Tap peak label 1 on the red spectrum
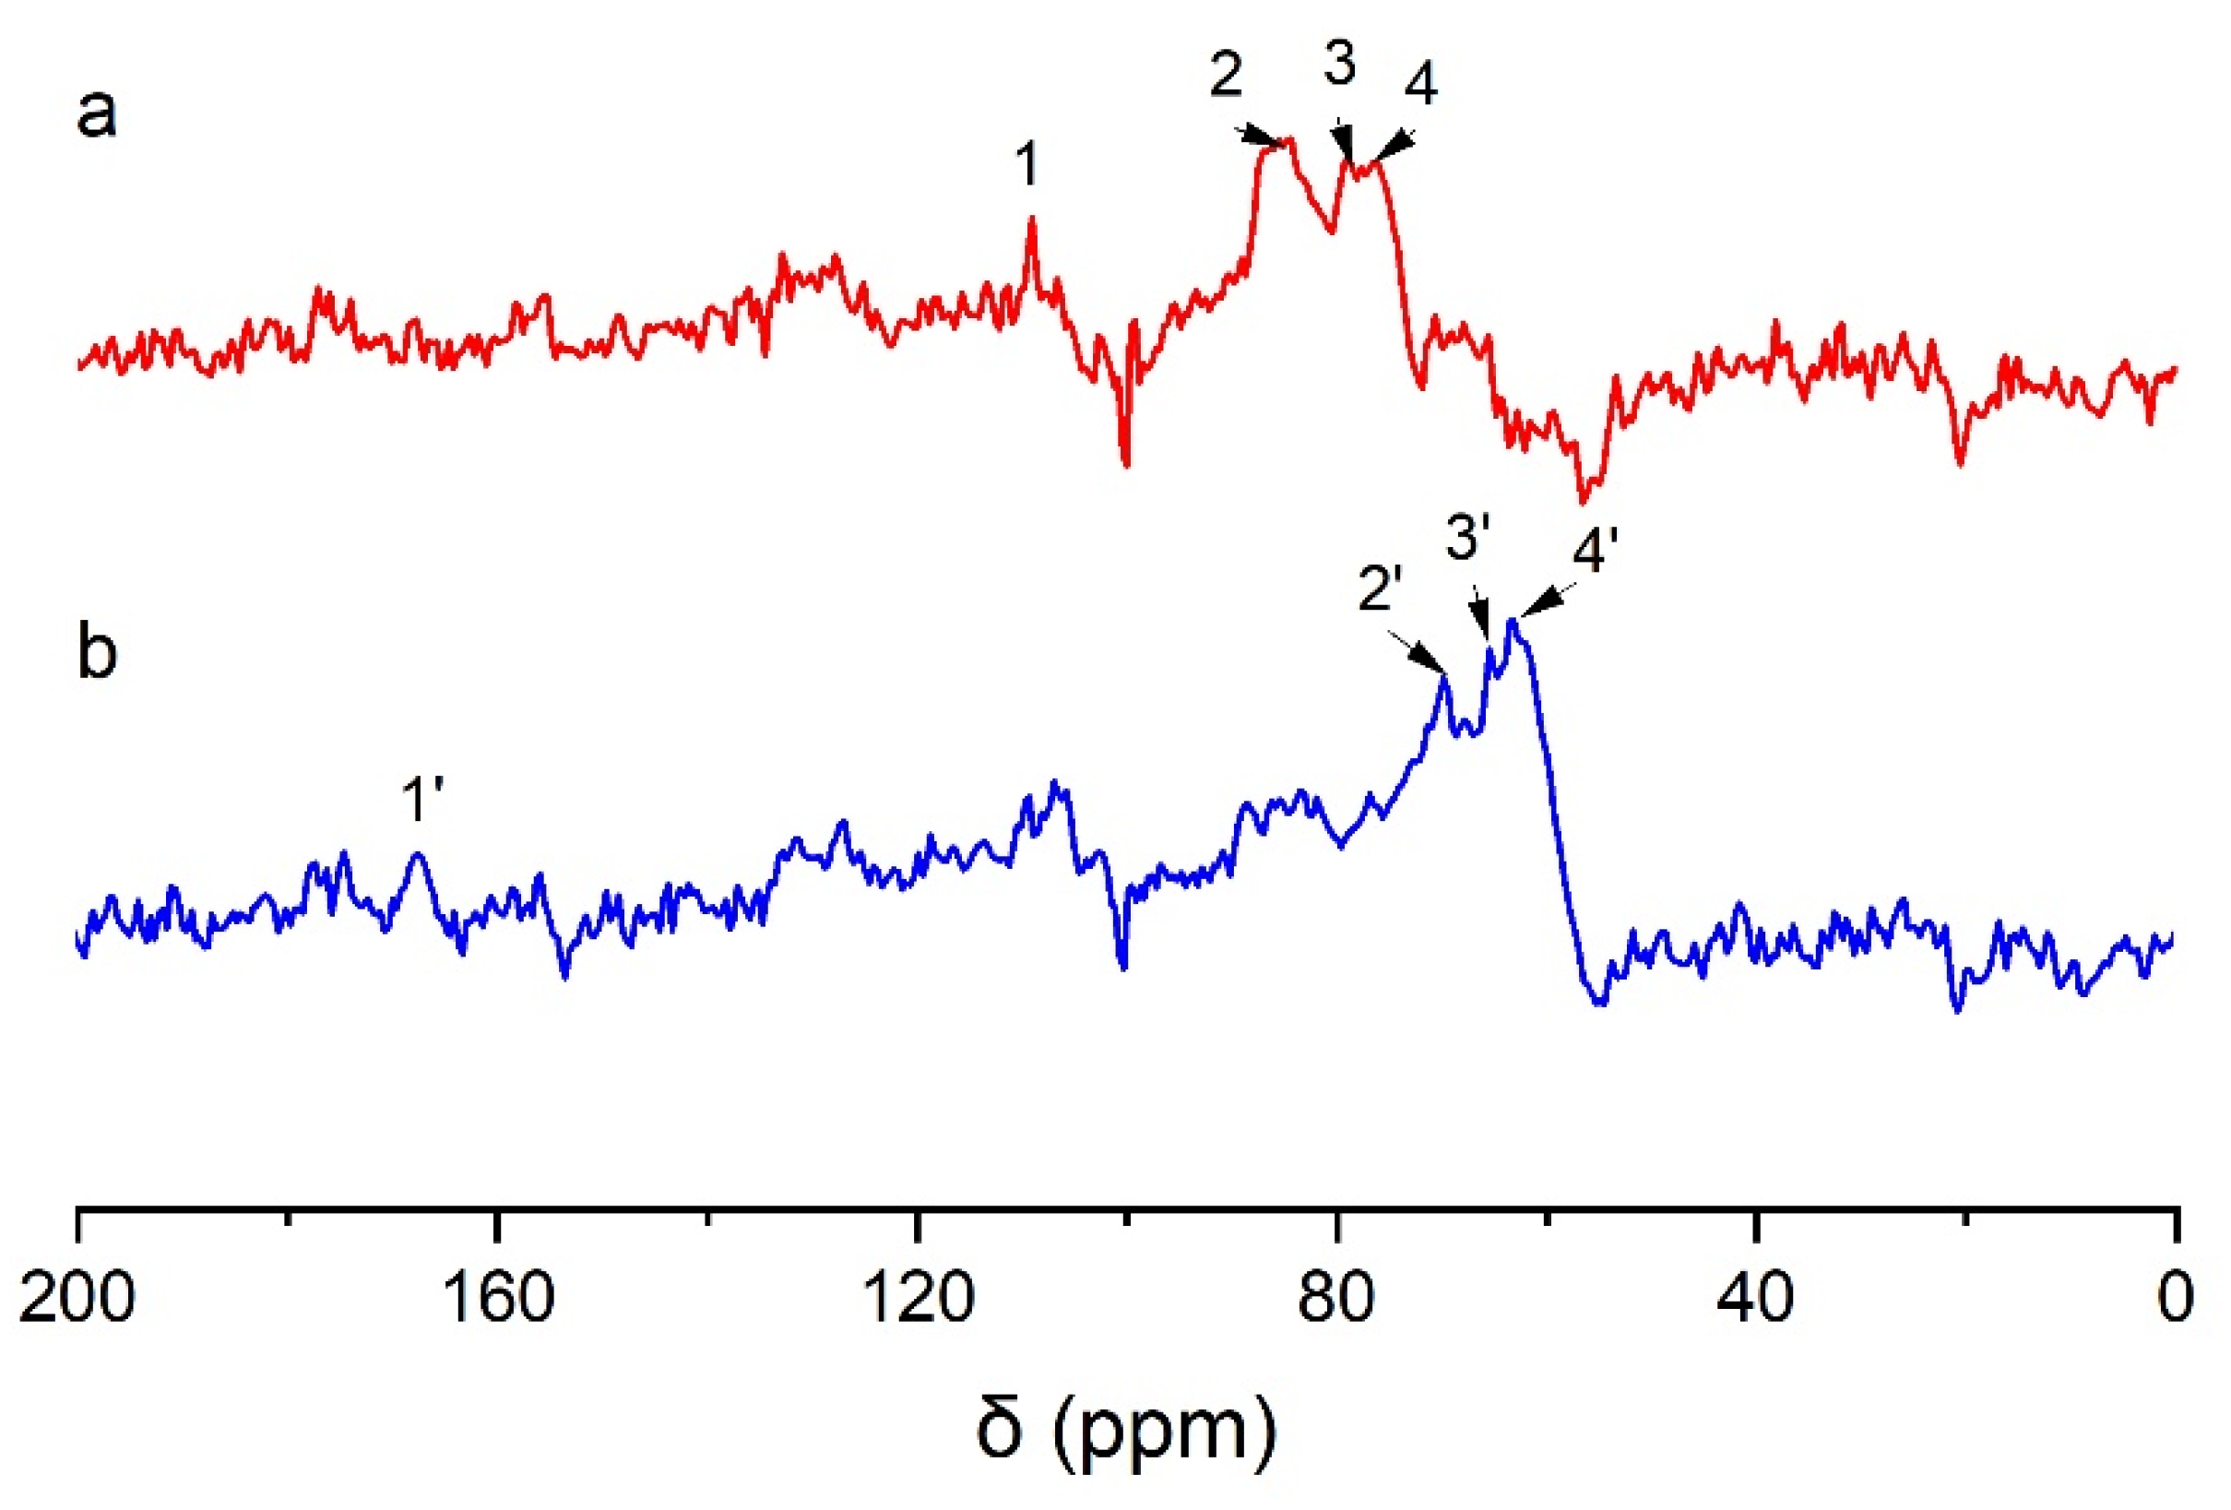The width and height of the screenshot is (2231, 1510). click(1027, 165)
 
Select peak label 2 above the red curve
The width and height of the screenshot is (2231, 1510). click(1226, 75)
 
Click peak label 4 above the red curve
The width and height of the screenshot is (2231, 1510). click(1420, 85)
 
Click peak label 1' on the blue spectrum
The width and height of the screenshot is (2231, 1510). click(421, 799)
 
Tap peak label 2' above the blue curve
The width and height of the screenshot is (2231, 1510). click(1381, 588)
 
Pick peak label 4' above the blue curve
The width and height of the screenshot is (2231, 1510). click(1595, 553)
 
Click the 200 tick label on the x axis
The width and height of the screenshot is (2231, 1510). click(77, 1299)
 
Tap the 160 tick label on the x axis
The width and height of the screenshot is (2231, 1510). click(496, 1299)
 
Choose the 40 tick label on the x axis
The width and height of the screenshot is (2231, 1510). click(1756, 1299)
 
